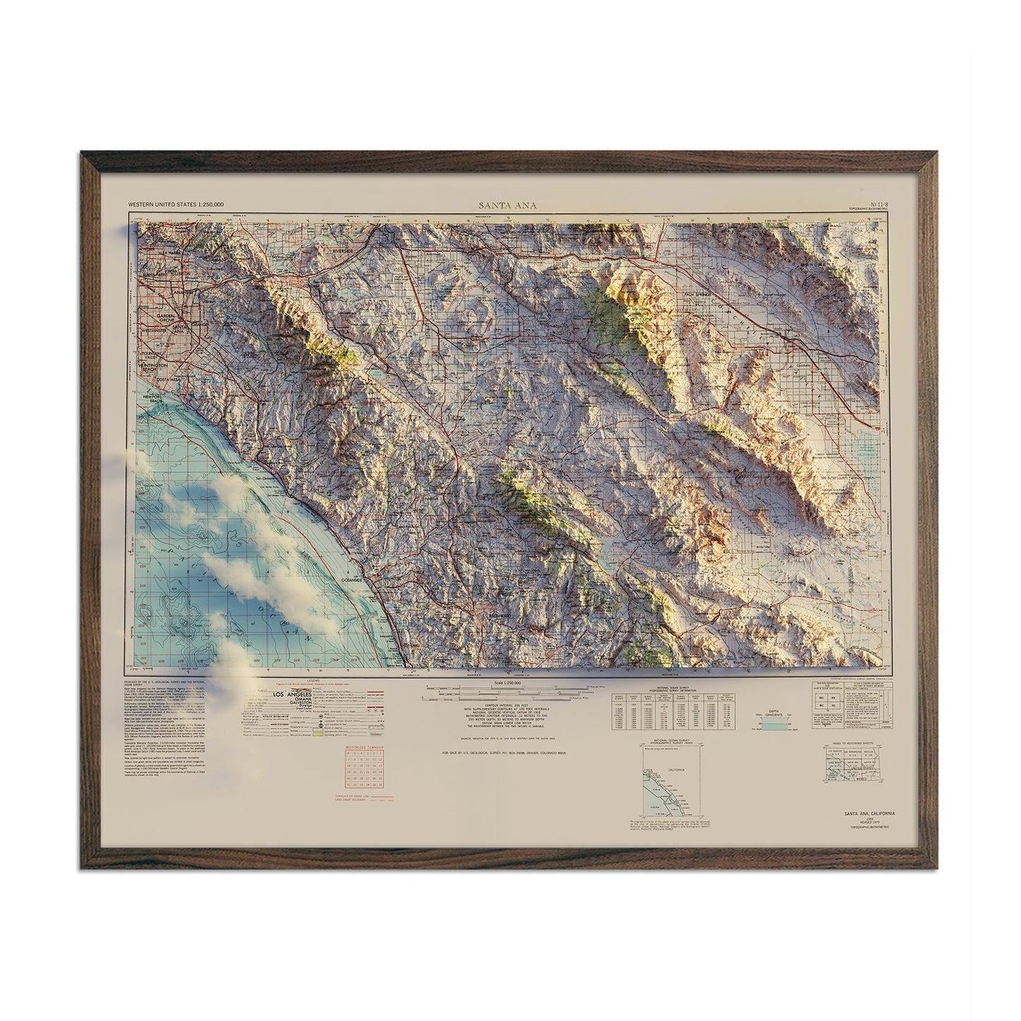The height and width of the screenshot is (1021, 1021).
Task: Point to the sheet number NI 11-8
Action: click(876, 204)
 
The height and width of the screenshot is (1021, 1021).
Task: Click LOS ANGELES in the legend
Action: click(272, 695)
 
